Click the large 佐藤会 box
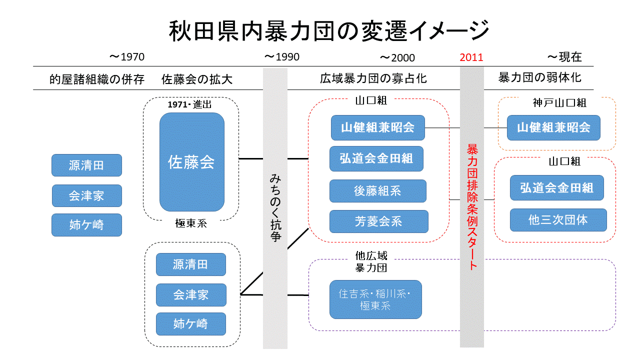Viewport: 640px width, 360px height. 191,161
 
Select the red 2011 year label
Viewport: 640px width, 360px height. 471,57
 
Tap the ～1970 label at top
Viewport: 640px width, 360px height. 126,57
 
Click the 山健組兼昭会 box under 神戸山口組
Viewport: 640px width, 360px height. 553,128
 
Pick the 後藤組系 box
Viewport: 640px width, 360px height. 377,191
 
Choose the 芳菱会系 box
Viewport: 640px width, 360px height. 378,221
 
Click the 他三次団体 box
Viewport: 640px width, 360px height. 558,220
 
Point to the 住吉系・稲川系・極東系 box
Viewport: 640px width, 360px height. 375,299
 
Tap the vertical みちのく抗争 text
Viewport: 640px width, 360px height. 275,207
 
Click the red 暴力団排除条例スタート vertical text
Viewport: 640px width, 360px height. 472,206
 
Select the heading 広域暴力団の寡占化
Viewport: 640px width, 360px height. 373,79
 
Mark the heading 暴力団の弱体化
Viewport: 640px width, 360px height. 539,78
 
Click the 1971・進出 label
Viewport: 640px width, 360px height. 190,104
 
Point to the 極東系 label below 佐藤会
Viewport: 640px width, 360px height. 191,223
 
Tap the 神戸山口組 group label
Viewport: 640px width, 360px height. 559,103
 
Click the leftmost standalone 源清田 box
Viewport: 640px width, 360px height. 86,165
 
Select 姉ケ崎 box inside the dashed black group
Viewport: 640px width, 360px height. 190,324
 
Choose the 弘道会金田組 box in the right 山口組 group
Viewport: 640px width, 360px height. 556,188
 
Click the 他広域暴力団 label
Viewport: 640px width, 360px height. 371,262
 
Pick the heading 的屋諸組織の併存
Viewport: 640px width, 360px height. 97,79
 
